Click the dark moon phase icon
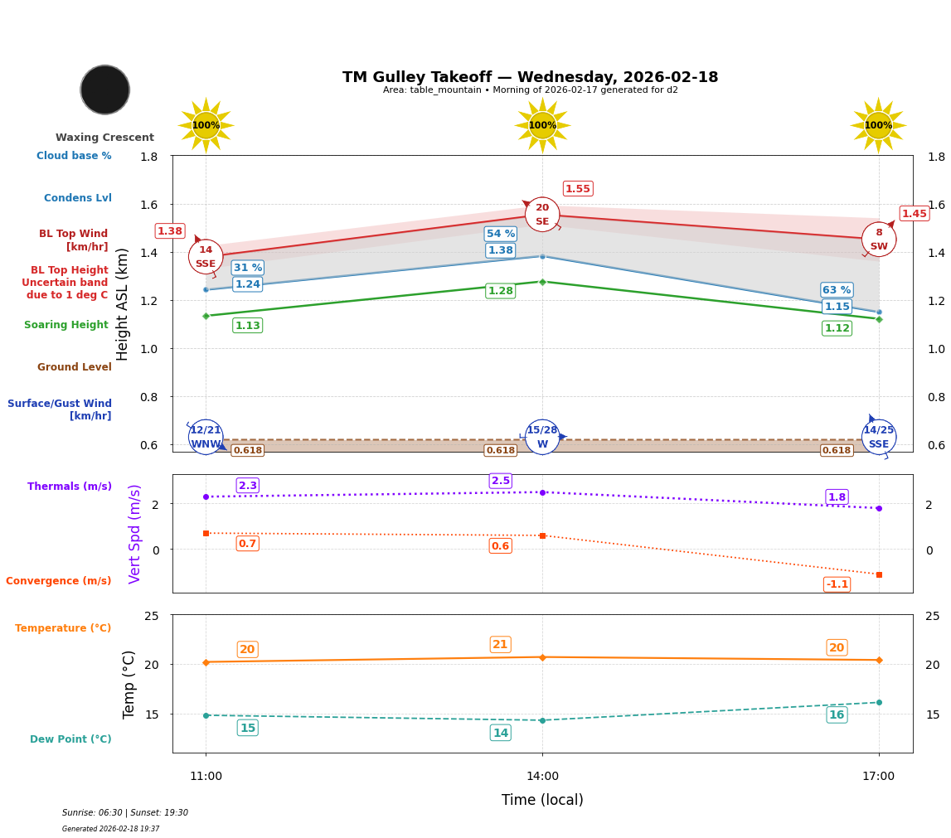tap(105, 90)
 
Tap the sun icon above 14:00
tap(542, 125)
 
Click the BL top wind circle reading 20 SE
tap(542, 215)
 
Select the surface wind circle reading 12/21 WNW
tap(206, 437)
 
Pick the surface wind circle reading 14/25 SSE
tap(879, 437)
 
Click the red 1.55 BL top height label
tap(578, 189)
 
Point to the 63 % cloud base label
tap(837, 290)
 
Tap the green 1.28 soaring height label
tap(500, 291)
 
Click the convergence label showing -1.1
tap(837, 584)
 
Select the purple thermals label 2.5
tap(501, 481)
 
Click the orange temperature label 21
tap(500, 645)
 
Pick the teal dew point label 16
tap(837, 715)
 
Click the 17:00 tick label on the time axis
tap(878, 777)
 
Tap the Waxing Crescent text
tap(104, 138)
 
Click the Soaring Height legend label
tap(66, 325)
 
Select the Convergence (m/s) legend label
tap(59, 581)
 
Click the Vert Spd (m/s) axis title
tap(135, 534)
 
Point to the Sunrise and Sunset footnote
tap(125, 813)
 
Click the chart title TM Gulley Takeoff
tap(530, 77)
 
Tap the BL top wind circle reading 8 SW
tap(879, 240)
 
